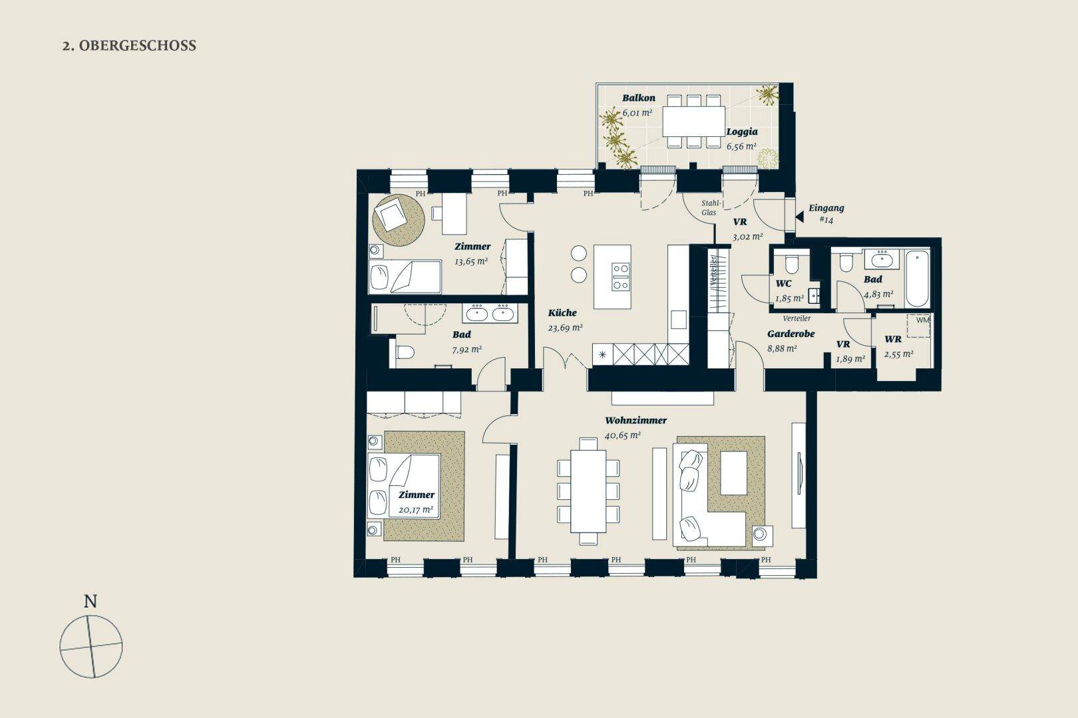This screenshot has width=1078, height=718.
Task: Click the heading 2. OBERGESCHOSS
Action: point(129,46)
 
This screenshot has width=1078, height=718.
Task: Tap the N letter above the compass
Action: point(90,602)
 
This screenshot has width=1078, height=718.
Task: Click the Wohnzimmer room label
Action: point(635,420)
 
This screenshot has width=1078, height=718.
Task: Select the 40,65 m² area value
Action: point(623,435)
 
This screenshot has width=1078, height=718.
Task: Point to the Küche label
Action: point(562,312)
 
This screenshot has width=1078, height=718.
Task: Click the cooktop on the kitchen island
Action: point(621,277)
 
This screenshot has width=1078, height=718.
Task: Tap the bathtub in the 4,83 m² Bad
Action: point(917,279)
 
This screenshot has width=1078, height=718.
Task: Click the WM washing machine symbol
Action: point(919,326)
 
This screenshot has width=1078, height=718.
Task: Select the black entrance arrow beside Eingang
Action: point(799,217)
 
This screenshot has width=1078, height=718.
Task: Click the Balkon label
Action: point(639,98)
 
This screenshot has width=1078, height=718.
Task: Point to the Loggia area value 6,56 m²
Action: point(741,146)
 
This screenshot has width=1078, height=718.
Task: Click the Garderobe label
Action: point(791,334)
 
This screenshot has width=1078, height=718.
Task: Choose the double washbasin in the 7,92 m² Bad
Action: point(490,313)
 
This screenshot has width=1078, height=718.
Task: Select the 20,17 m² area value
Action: point(416,510)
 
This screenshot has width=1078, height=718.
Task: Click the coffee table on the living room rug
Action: point(733,473)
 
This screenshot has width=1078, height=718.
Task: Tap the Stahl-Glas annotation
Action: point(710,207)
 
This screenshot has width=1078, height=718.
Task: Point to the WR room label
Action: point(893,339)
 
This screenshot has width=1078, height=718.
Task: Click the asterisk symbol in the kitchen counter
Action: point(602,355)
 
